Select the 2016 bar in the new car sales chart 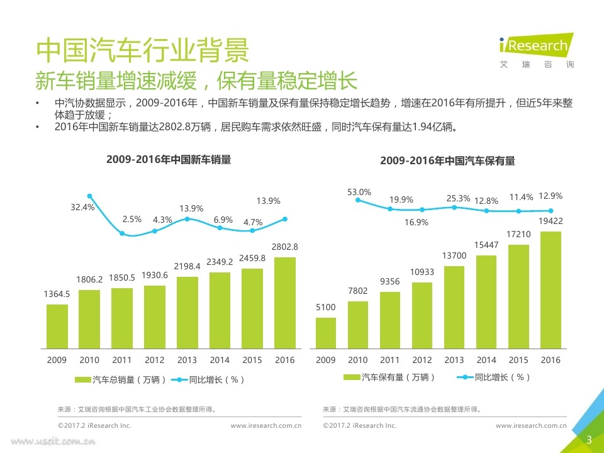click(285, 302)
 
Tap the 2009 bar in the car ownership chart click(325, 332)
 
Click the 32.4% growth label click(82, 207)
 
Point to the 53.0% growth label click(360, 192)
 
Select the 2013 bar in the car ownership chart click(454, 306)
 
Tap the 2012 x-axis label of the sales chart click(155, 360)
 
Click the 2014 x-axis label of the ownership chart click(486, 360)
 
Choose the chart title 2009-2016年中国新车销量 click(169, 160)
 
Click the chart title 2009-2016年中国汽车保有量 click(447, 161)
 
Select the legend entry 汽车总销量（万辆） click(121, 379)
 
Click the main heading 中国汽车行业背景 click(142, 50)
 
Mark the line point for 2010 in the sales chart click(90, 196)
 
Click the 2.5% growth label click(132, 220)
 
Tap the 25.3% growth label click(458, 199)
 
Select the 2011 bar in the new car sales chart click(122, 318)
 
